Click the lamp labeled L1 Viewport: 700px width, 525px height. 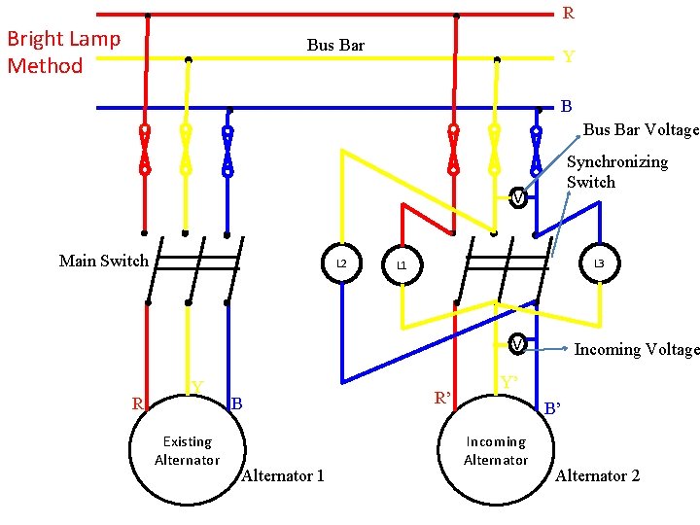point(402,265)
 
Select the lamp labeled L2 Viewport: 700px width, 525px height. point(341,263)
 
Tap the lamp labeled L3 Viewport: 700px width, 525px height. point(599,263)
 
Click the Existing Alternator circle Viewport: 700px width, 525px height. point(187,450)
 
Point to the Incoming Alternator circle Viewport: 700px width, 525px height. point(496,450)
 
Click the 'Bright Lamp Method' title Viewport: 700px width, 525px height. point(63,52)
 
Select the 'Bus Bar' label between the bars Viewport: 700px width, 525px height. point(335,45)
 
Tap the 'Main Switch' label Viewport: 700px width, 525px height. point(104,261)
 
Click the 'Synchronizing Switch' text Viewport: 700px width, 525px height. point(616,172)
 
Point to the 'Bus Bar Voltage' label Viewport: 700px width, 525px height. point(641,129)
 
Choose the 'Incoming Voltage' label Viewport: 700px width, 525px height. point(637,349)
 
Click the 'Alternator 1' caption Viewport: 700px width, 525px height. point(282,475)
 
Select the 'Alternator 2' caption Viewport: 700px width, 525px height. point(597,475)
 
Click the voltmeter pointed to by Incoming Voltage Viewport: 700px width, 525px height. point(519,345)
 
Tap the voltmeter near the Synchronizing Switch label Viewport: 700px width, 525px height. point(519,199)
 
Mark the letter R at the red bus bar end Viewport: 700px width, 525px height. point(569,14)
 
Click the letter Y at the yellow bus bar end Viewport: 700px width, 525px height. point(569,57)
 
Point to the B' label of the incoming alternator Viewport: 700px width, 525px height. point(552,409)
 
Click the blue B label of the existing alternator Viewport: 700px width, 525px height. point(236,402)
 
